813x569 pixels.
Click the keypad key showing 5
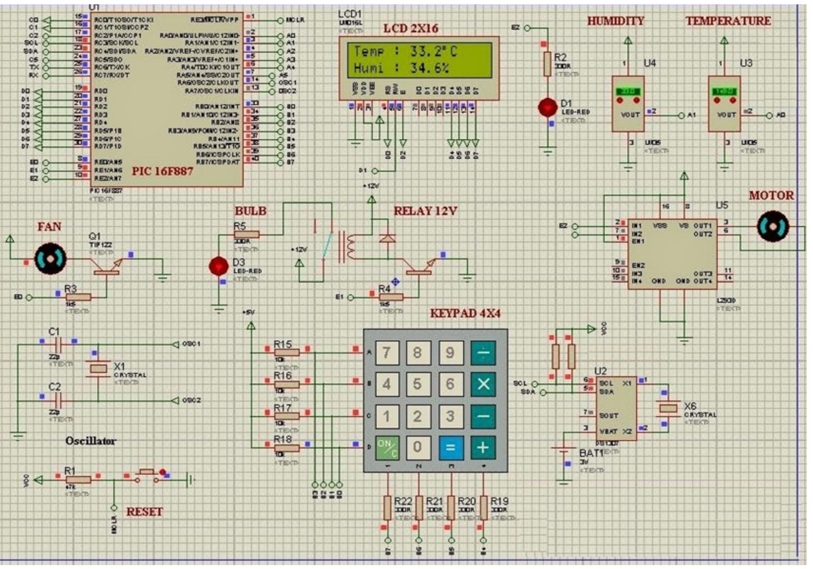418,384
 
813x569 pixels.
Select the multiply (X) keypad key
483,384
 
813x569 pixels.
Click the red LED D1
548,107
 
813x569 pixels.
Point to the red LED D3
219,266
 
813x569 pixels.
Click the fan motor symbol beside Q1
51,259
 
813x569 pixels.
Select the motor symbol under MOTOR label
773,227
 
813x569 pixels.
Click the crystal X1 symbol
98,369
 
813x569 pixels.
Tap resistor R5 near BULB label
246,235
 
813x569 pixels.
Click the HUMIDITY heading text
616,21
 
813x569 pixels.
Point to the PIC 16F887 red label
162,171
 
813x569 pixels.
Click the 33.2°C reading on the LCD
434,51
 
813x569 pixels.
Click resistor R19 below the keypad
484,508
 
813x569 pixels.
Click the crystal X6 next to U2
668,409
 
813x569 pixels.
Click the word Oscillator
90,441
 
